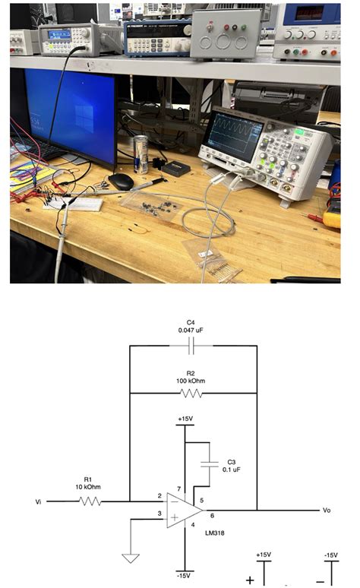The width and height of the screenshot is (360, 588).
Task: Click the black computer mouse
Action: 121,181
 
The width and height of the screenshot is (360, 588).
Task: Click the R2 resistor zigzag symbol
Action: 191,394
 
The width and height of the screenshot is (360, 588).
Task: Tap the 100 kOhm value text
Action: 191,381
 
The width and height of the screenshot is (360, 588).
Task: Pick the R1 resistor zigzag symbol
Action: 90,501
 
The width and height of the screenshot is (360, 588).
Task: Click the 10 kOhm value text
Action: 88,487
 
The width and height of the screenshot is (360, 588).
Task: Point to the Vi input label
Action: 39,502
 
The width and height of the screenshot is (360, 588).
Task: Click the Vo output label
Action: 327,510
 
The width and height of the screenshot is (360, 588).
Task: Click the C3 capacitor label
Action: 232,461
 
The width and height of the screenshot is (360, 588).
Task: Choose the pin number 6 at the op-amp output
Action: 212,516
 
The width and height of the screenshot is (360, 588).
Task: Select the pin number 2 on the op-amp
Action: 159,496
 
